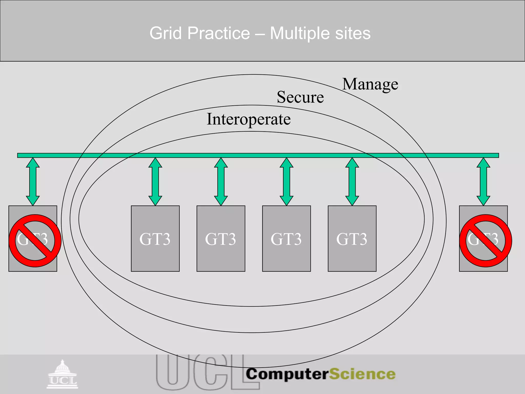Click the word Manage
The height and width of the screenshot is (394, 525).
tap(370, 84)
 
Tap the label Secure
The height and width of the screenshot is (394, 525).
tap(300, 97)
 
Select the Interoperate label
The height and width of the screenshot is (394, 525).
tap(249, 120)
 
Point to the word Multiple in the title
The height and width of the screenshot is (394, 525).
tap(300, 33)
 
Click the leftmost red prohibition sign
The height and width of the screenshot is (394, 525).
tap(35, 241)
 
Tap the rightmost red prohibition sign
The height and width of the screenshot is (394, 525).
tap(486, 241)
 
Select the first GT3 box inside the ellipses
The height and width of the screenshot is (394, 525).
tap(155, 239)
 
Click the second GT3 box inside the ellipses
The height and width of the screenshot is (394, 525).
tap(221, 239)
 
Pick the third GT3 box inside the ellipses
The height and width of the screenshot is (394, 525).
tap(286, 239)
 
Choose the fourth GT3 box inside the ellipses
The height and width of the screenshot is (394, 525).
tap(352, 239)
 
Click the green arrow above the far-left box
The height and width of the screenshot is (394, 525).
tap(33, 182)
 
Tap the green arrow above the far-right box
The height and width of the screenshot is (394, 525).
tap(483, 182)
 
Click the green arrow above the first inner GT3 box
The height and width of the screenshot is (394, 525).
tap(155, 182)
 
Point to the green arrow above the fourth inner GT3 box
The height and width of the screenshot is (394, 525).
tap(352, 182)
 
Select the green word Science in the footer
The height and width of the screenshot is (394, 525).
tap(362, 374)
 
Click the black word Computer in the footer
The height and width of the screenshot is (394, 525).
tap(287, 374)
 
